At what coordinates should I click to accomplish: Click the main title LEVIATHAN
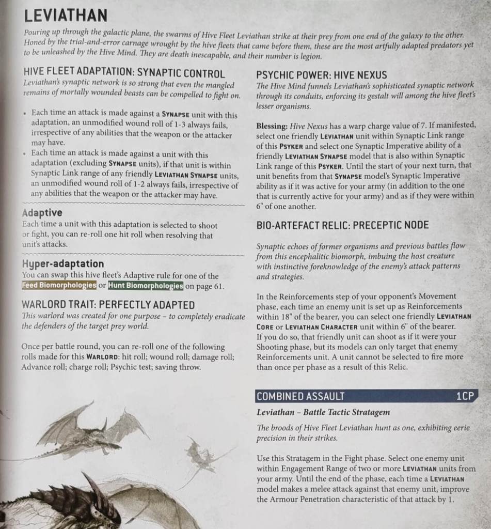(66, 15)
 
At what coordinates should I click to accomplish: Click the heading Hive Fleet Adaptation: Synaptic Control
(124, 73)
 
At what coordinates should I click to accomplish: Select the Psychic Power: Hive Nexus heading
(322, 74)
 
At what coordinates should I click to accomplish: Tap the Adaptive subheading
(42, 213)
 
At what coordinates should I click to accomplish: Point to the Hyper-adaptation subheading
(64, 264)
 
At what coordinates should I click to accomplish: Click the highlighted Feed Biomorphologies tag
(59, 286)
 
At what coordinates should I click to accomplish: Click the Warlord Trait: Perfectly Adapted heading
(108, 305)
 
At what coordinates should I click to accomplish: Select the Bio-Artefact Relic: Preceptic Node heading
(342, 225)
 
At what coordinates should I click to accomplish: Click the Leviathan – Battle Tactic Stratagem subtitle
(323, 412)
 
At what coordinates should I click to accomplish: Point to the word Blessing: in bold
(272, 126)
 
